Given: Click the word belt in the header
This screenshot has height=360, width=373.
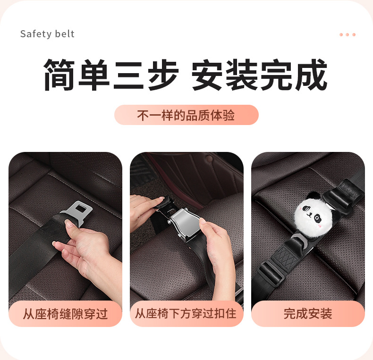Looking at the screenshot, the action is [65, 34].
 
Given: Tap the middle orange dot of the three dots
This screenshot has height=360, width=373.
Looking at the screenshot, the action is [348, 35].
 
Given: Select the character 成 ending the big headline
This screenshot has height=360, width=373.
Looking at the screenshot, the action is [311, 75].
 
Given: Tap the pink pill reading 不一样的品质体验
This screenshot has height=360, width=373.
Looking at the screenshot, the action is [186, 115].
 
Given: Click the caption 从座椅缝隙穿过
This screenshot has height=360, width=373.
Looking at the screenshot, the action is [66, 314].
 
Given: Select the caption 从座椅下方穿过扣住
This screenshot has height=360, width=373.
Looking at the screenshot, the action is [186, 314].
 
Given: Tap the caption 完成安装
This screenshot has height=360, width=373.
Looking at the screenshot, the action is [307, 314].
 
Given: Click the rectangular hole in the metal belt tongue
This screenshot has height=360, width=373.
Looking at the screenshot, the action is [81, 209].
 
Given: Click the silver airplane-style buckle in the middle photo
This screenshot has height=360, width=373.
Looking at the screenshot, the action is [184, 223].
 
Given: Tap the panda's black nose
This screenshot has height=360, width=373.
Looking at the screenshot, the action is [309, 214].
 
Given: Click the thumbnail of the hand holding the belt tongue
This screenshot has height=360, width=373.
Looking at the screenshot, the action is [66, 239].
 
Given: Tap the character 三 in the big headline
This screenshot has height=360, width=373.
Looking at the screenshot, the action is [129, 75].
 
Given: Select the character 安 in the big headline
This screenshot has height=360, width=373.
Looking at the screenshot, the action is [207, 75].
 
